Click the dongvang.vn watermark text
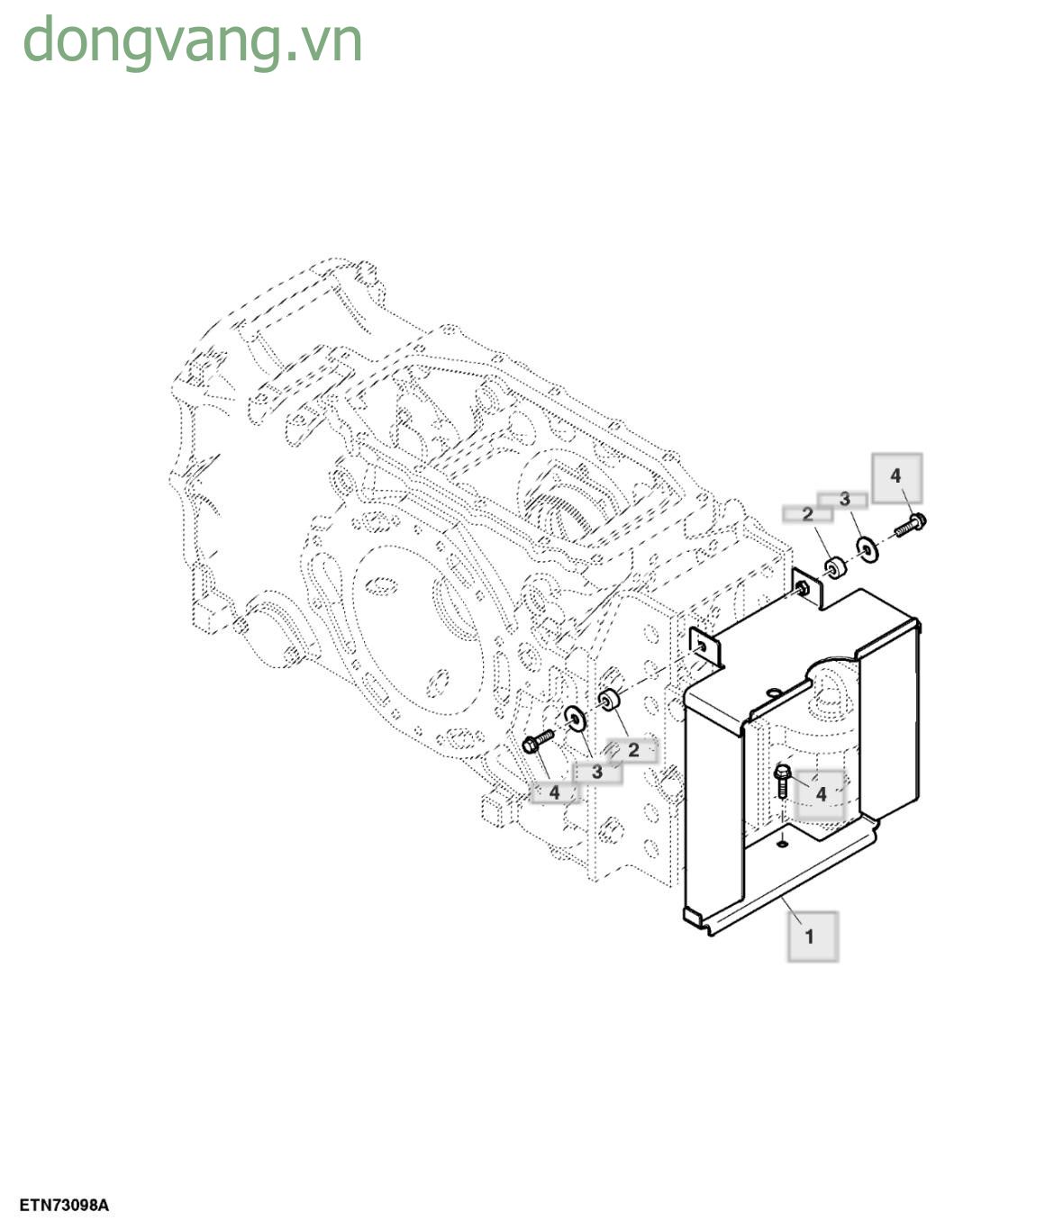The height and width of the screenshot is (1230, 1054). click(192, 41)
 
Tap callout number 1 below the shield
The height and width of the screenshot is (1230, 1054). click(810, 936)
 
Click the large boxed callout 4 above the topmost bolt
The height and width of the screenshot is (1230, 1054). click(895, 476)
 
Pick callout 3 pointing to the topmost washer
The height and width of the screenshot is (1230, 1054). click(844, 499)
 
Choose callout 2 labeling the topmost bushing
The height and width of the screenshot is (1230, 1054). click(807, 514)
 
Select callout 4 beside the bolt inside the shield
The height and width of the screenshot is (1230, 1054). click(821, 794)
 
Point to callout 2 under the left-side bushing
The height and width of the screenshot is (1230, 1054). click(632, 749)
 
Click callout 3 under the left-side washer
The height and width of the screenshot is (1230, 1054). click(596, 772)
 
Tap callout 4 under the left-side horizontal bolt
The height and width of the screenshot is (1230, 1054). click(554, 792)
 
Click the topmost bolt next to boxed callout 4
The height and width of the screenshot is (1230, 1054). click(911, 523)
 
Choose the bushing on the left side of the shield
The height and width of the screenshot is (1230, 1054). click(612, 699)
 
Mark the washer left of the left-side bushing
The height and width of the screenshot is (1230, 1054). click(575, 719)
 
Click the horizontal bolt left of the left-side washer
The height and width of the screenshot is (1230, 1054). click(538, 742)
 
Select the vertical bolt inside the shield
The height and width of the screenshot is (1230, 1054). click(782, 780)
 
